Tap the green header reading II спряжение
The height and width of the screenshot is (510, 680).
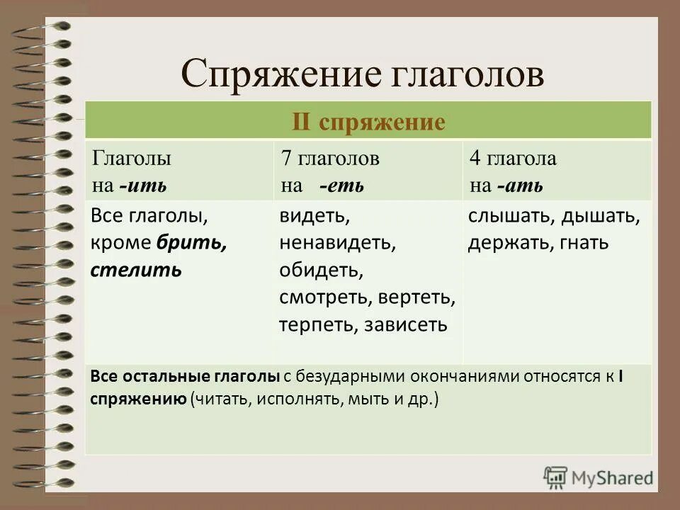(x=368, y=122)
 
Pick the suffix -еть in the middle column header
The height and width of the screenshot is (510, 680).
(x=341, y=186)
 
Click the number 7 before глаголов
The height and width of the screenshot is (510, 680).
(x=286, y=159)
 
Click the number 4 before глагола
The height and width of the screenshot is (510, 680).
(x=474, y=159)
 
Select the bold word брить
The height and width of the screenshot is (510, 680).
(x=192, y=243)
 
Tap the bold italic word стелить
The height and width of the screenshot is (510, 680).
(x=136, y=270)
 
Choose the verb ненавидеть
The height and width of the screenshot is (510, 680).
(x=336, y=243)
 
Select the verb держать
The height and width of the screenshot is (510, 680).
(x=505, y=243)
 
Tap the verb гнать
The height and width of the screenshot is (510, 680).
(x=583, y=243)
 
